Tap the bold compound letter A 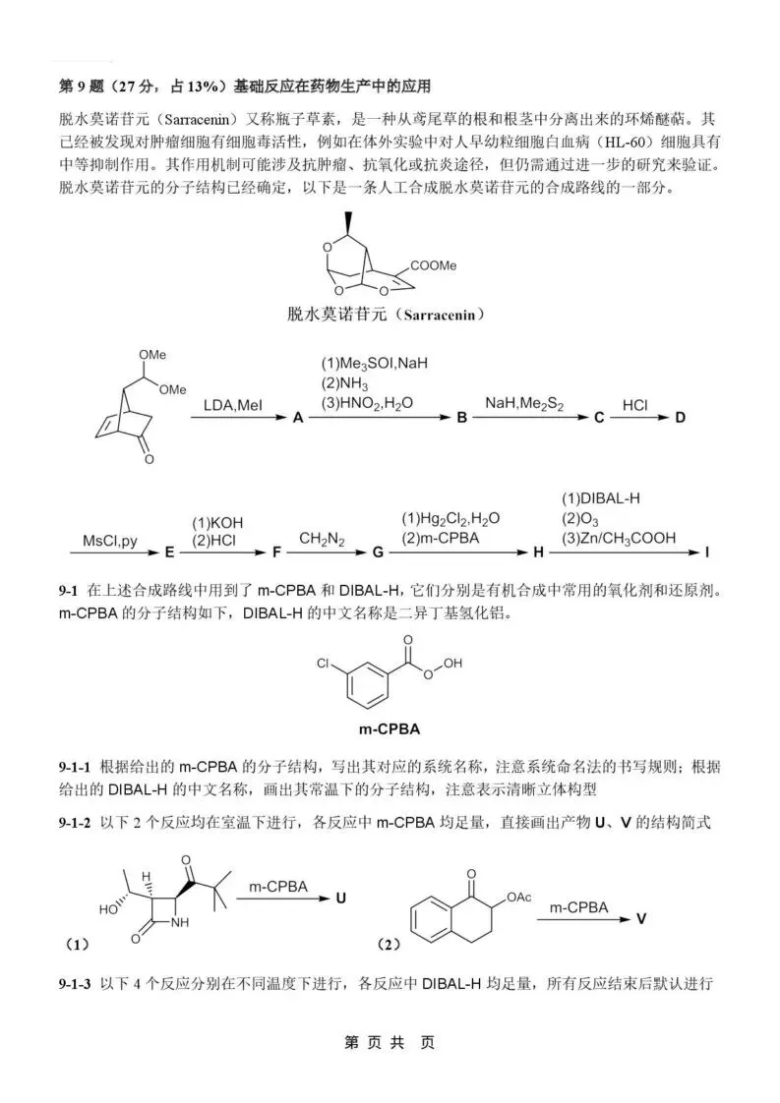[295, 418]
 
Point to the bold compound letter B [460, 418]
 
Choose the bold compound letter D [679, 418]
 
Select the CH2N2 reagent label [319, 538]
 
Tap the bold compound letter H [537, 553]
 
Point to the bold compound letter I [706, 553]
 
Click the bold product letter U [341, 898]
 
